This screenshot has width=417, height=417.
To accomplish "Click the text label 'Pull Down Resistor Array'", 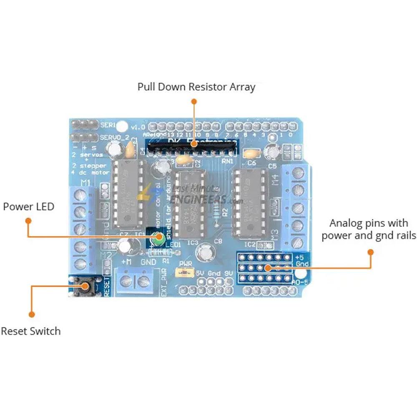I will (196, 87).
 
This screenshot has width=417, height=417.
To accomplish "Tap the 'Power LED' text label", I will (28, 206).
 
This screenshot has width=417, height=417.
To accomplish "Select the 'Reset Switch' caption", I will (30, 331).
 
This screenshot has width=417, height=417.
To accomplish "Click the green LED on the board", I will (158, 239).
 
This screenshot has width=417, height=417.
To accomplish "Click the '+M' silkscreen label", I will (126, 262).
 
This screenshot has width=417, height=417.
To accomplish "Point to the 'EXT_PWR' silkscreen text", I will (163, 284).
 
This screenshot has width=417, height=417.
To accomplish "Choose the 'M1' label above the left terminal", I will (85, 182).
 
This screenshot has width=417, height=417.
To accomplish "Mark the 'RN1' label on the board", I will (228, 161).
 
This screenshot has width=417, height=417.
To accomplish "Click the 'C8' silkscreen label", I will (218, 241).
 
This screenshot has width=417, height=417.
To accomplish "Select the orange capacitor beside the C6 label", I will (251, 154).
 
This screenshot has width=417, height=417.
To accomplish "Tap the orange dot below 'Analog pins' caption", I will (370, 252).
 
